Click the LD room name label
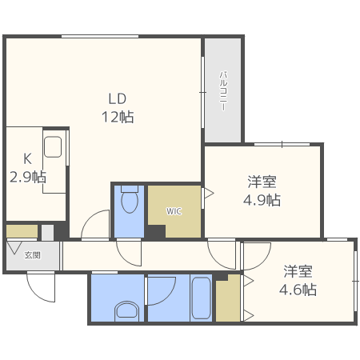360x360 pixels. [x=118, y=99]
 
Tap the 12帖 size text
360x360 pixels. [x=118, y=117]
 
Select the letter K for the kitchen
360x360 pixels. [x=26, y=159]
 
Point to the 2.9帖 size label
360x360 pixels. [x=27, y=177]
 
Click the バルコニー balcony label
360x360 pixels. [x=223, y=90]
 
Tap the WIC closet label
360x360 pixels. [x=174, y=211]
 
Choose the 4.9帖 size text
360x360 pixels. [x=262, y=200]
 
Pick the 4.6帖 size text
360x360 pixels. [x=298, y=289]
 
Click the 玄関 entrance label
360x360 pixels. [x=32, y=256]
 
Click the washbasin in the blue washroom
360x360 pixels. [x=126, y=310]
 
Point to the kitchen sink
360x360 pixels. [x=53, y=147]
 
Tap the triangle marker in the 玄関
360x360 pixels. [x=15, y=247]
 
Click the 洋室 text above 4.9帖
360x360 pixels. [x=262, y=181]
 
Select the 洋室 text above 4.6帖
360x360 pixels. [x=298, y=270]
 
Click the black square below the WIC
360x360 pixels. [x=156, y=232]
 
